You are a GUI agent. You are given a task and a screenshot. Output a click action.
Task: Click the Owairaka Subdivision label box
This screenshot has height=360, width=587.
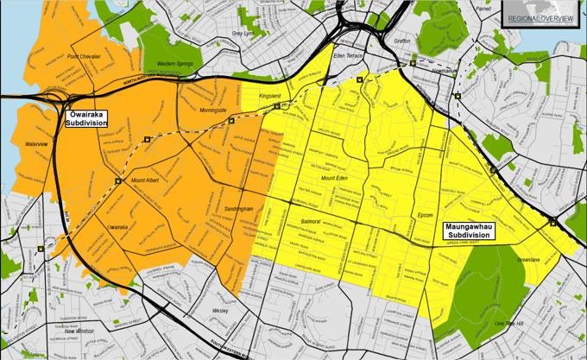(x=86, y=118)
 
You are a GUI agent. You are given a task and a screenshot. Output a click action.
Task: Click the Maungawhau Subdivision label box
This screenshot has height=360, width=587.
(x=470, y=231)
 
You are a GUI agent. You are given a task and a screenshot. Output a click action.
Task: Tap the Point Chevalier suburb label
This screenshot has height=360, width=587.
(x=85, y=57)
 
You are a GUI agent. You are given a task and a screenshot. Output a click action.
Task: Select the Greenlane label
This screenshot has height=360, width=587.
(x=528, y=259)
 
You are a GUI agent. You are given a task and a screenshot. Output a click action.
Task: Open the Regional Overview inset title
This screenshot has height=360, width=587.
(x=540, y=18)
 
